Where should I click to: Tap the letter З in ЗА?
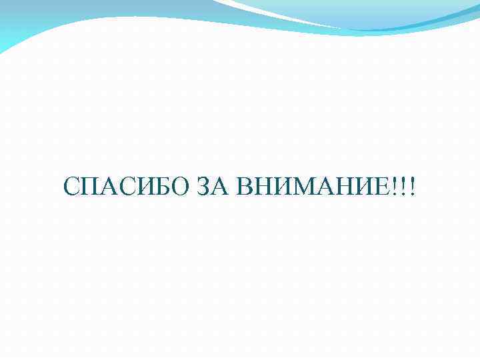(x=203, y=187)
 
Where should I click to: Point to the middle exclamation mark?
(x=405, y=187)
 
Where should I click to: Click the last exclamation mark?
(x=412, y=187)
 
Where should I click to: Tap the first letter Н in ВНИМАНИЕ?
(x=262, y=187)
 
